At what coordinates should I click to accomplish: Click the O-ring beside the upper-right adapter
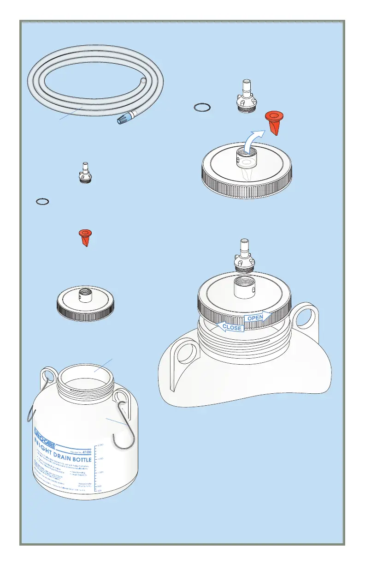[202, 108]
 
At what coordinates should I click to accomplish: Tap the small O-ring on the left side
[43, 202]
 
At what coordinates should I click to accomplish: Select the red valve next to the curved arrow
[274, 122]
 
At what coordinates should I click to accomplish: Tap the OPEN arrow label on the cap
[256, 318]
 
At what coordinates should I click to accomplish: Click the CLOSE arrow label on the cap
[231, 327]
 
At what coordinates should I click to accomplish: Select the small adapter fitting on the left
[84, 174]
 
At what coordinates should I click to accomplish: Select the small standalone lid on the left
[85, 304]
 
